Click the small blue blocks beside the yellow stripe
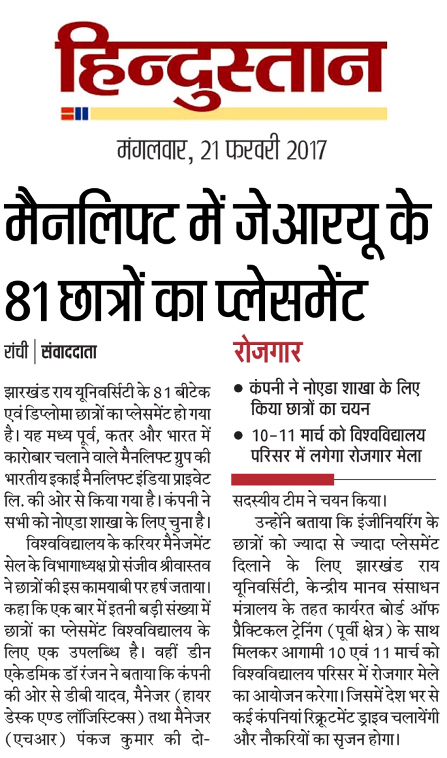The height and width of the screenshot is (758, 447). click(82, 114)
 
